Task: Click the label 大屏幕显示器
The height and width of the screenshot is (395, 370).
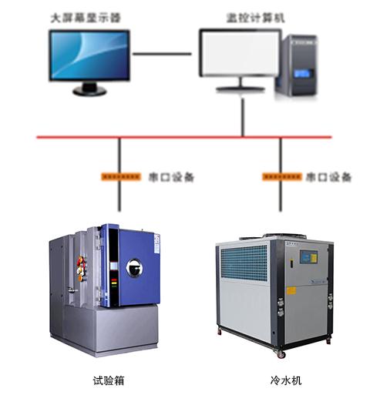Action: (86, 18)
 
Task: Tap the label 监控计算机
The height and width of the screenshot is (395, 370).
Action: (255, 18)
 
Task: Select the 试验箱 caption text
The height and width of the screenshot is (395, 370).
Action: (109, 380)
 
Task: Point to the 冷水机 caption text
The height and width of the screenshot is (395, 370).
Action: (286, 380)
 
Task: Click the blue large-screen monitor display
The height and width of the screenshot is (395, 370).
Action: (89, 55)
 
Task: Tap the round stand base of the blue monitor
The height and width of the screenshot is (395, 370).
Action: (89, 91)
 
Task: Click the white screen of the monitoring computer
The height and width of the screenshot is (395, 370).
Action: (241, 53)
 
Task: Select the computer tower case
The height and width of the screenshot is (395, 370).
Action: (296, 66)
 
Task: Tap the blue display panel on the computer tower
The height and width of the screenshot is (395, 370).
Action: (302, 73)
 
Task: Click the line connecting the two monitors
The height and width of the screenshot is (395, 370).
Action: (162, 54)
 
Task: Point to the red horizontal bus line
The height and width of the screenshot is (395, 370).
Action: (184, 137)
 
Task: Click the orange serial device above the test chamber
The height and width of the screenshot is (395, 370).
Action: (121, 177)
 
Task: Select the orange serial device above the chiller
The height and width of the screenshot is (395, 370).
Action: (282, 177)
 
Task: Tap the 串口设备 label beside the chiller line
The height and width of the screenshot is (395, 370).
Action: (328, 177)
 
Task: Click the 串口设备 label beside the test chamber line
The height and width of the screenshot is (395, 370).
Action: (171, 177)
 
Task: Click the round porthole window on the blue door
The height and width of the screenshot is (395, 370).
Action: (134, 268)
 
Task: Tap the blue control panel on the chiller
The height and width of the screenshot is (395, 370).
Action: (308, 257)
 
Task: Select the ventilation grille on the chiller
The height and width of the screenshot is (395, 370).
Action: (244, 263)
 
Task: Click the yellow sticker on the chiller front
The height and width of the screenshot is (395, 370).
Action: (291, 291)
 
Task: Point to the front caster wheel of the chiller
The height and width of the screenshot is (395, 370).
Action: (281, 355)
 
